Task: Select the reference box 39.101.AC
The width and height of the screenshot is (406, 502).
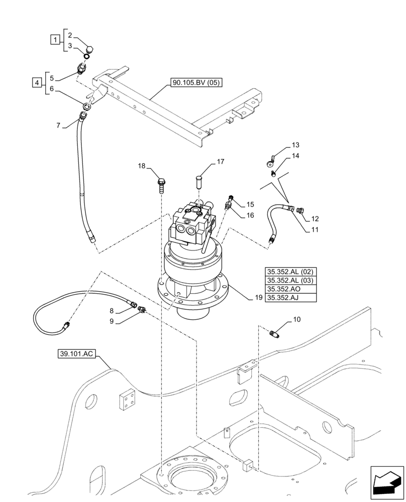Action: pos(76,354)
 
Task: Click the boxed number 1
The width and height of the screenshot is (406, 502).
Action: pos(55,38)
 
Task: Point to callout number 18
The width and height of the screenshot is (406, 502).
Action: pos(142,166)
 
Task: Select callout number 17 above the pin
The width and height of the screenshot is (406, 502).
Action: pos(220,162)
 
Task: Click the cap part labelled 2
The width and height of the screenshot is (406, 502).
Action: pos(91,50)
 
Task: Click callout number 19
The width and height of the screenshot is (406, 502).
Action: pos(258,297)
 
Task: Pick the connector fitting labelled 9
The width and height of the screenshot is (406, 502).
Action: pos(142,311)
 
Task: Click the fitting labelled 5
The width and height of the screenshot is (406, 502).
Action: pos(80,69)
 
